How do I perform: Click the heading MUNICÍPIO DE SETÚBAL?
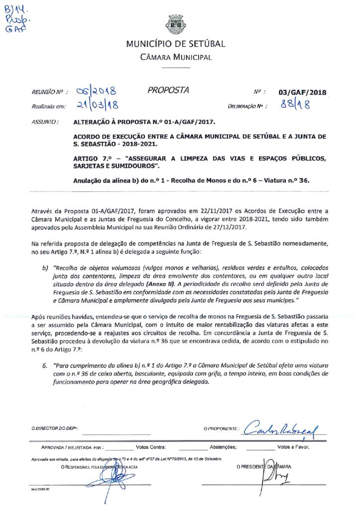[x=176, y=44]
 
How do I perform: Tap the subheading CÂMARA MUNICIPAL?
[x=176, y=57]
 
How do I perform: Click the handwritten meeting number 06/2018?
[x=96, y=91]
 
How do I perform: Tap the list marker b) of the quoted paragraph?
[x=45, y=267]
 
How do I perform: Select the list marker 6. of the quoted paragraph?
[x=45, y=365]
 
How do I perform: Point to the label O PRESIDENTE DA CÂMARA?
[x=264, y=467]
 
